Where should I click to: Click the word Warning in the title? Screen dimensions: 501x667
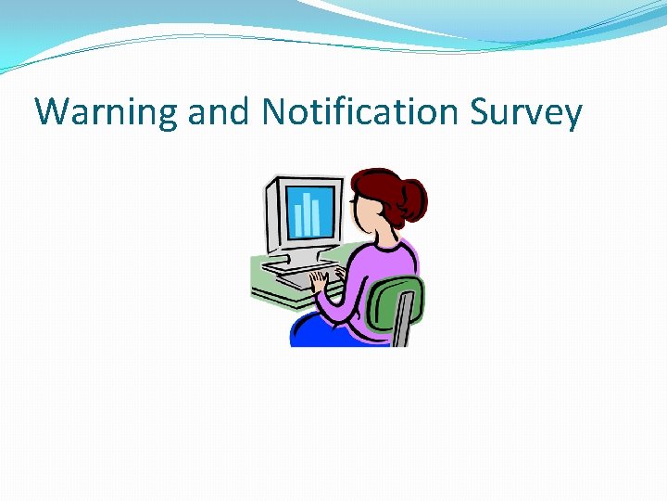coord(106,113)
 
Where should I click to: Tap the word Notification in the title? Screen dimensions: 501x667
coord(360,112)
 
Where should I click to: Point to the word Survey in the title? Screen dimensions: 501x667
coord(525,113)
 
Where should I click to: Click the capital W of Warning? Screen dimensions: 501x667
coord(52,112)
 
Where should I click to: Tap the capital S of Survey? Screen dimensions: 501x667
coord(480,112)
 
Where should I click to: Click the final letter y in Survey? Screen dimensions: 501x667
coord(573,117)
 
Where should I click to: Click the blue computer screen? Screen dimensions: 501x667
coord(306,212)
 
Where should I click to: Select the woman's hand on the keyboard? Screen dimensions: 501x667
coord(320,278)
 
